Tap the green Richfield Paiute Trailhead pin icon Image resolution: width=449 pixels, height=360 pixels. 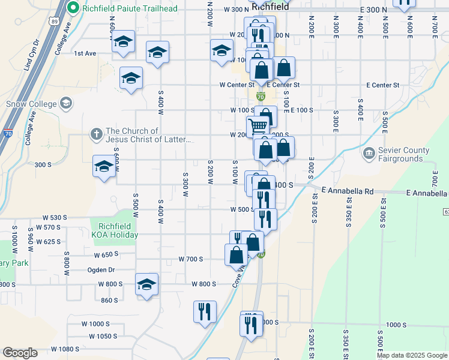tap(73, 8)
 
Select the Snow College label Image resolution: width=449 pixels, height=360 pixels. tap(31, 103)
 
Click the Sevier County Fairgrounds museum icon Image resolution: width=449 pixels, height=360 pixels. tap(369, 155)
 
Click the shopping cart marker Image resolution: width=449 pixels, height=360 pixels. tap(258, 125)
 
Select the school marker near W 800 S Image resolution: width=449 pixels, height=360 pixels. tap(146, 284)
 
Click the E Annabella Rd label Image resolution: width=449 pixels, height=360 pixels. tap(348, 190)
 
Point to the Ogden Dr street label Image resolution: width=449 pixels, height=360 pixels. tap(101, 270)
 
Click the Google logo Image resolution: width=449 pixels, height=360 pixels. tap(20, 353)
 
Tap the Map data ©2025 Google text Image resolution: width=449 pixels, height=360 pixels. tap(412, 355)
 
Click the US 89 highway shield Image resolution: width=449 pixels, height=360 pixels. tap(55, 22)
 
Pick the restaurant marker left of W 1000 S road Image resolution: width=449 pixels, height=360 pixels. tap(205, 311)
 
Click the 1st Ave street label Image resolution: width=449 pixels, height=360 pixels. tap(85, 53)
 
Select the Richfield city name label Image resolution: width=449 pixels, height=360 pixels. tap(271, 6)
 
